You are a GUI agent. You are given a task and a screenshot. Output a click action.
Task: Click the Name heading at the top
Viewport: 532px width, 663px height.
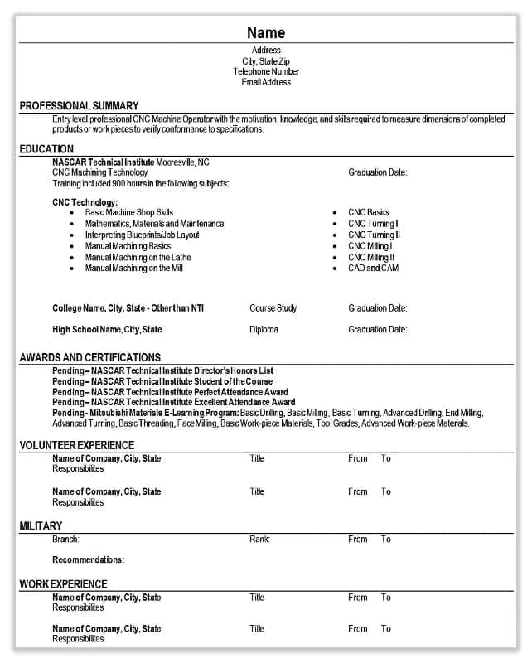click(266, 33)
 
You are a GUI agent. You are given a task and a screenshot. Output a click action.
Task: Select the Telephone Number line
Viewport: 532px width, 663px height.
click(266, 72)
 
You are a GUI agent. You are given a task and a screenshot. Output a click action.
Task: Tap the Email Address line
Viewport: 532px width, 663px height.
click(266, 82)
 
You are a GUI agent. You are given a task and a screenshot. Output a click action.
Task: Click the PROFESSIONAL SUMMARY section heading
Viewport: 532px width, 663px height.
click(80, 105)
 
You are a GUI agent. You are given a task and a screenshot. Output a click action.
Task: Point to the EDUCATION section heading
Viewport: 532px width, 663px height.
click(46, 149)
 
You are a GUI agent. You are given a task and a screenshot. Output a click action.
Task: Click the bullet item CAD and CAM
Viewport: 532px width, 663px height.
click(373, 269)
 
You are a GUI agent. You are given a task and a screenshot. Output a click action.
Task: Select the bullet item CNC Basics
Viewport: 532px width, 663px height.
click(369, 212)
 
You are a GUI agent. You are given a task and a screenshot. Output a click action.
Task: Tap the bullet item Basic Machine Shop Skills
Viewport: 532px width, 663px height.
click(129, 212)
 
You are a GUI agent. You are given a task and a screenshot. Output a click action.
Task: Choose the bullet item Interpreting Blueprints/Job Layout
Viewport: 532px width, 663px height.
click(143, 235)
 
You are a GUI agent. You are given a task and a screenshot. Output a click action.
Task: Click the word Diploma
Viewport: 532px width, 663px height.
click(264, 330)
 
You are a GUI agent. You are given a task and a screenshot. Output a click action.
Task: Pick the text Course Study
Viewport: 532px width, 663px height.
click(273, 308)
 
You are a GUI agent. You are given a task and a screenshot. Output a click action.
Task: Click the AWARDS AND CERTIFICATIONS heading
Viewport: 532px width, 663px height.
click(90, 357)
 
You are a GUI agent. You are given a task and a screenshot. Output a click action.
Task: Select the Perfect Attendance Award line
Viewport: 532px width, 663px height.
click(170, 392)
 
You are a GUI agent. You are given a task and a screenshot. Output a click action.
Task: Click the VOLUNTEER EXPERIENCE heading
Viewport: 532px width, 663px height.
click(77, 445)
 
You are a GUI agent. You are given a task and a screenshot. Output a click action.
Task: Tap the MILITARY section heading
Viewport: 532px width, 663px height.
click(41, 525)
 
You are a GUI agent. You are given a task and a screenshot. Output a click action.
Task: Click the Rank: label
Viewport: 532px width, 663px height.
click(259, 540)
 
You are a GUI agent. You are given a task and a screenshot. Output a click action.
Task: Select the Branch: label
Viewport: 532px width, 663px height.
click(65, 540)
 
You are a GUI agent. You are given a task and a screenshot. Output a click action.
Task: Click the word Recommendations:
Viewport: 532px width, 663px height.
click(88, 559)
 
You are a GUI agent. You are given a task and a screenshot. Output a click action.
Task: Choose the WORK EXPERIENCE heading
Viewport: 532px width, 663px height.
click(63, 583)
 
